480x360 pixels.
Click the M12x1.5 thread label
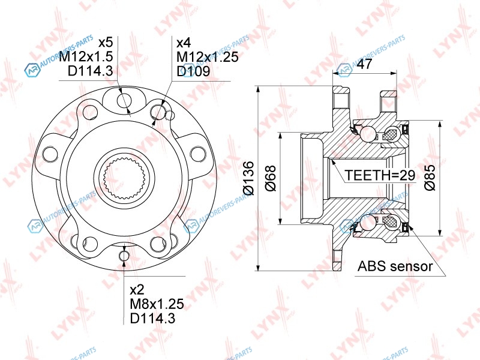pos(86,56)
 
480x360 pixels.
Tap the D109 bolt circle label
pos(193,71)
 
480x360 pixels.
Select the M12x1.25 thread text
pos(208,57)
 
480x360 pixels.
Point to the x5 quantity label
pos(106,43)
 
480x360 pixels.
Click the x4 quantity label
pos(184,43)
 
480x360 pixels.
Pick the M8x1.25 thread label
pos(157,304)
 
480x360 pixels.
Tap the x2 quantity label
pos(137,290)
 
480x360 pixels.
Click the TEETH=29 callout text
pos(380,175)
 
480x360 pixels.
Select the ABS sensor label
pos(395,266)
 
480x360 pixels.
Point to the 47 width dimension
pos(364,64)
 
